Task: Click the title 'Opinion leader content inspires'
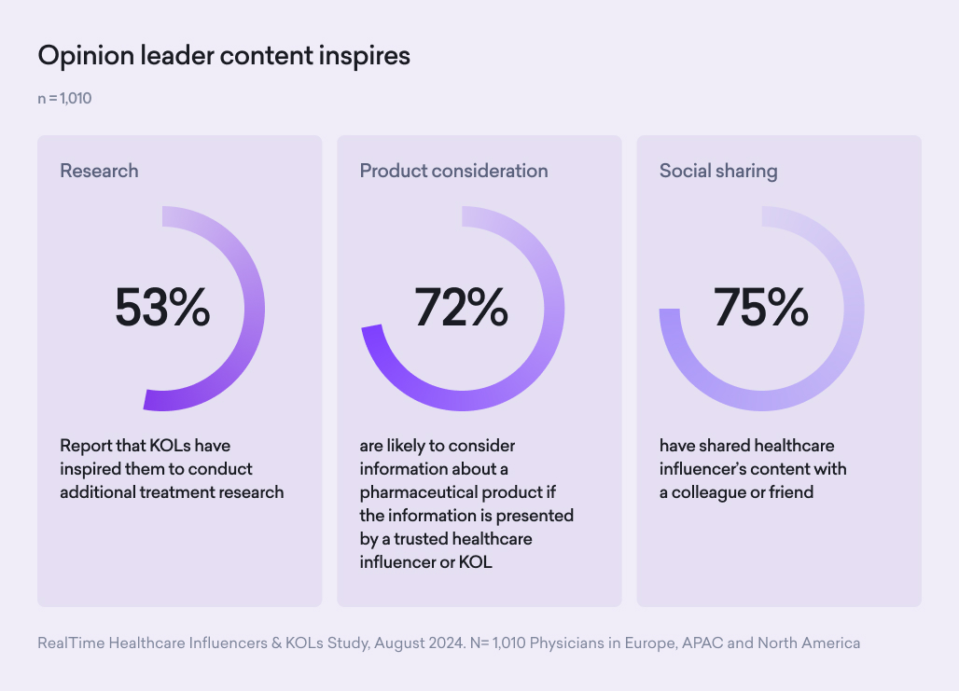[x=224, y=56]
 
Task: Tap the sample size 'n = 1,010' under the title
[x=64, y=98]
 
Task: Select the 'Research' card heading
[x=99, y=171]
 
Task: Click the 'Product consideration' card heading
[x=453, y=171]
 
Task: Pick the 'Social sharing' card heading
[x=718, y=171]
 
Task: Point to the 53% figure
[x=162, y=308]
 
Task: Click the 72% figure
[x=462, y=308]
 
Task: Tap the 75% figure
[x=761, y=308]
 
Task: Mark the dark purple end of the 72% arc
[x=371, y=337]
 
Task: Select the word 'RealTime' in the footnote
[x=70, y=643]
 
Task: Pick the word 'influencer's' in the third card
[x=710, y=469]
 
